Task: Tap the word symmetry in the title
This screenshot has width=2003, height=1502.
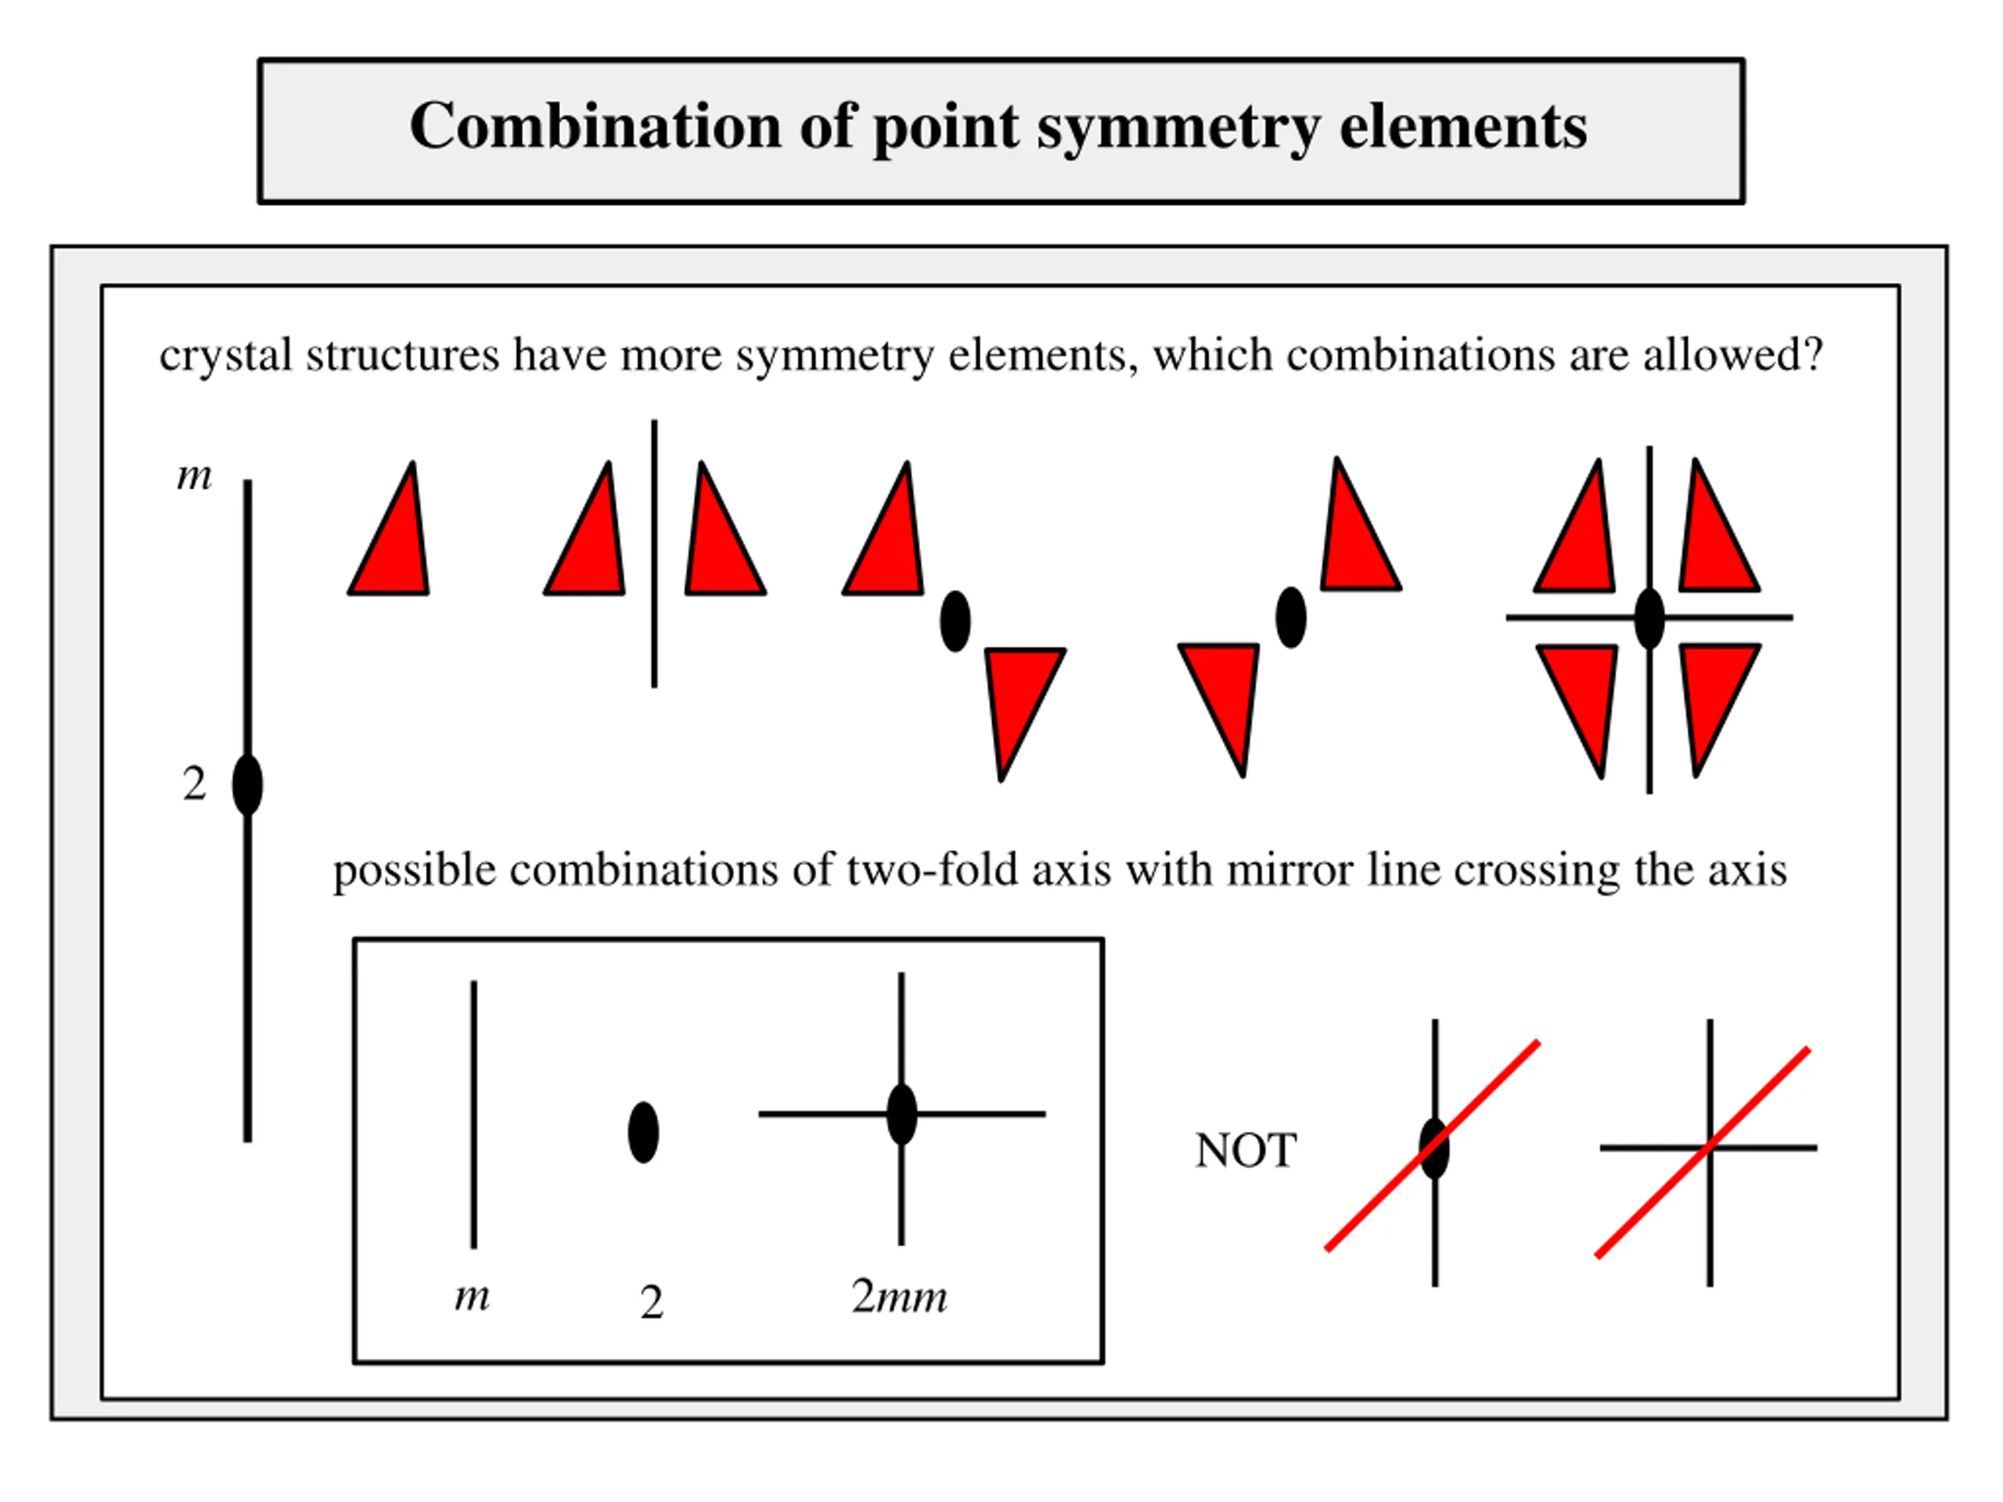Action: [1178, 128]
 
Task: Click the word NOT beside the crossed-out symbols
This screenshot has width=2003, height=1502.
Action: [1245, 1151]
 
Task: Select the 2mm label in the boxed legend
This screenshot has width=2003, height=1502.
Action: [898, 1296]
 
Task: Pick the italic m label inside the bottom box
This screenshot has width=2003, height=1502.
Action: [472, 1295]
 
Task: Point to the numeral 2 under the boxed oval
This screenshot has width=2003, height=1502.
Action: [651, 1303]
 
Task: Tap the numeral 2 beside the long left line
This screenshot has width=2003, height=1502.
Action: [194, 783]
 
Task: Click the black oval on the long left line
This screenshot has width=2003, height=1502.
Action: [247, 784]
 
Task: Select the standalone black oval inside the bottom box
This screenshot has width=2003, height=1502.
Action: [643, 1133]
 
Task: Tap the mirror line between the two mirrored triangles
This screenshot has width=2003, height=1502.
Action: [654, 552]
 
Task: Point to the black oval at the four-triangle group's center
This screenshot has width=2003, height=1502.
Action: [1649, 617]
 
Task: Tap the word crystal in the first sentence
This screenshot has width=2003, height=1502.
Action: [225, 355]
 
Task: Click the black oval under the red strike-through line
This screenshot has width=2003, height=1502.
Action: [1434, 1148]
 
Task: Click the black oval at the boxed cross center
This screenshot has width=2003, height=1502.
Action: [901, 1114]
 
